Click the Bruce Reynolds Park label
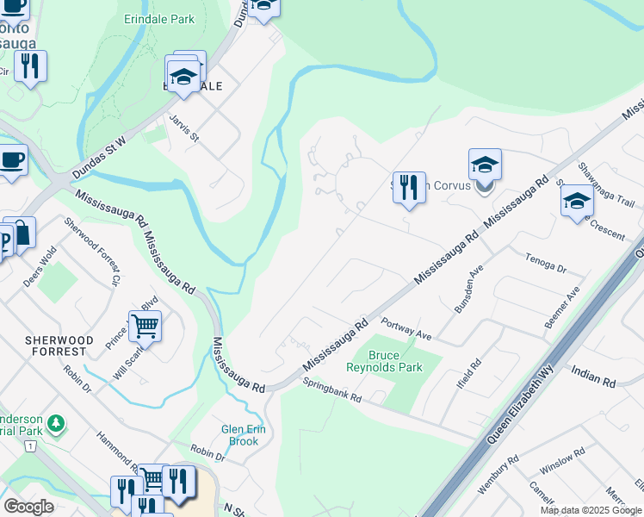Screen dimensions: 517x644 [x=384, y=361]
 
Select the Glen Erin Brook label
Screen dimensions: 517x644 [x=244, y=435]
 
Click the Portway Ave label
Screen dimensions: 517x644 [x=405, y=329]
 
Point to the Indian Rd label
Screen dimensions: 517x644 [x=594, y=374]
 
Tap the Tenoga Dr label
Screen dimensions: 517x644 [x=546, y=262]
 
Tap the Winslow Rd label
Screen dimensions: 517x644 [x=561, y=462]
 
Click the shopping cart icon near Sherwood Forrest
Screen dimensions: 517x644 [x=146, y=327]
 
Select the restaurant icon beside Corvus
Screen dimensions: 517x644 [x=409, y=187]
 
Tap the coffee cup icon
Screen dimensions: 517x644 [x=12, y=159]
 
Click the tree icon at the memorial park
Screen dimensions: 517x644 [x=56, y=423]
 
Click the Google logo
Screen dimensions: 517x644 [x=29, y=506]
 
